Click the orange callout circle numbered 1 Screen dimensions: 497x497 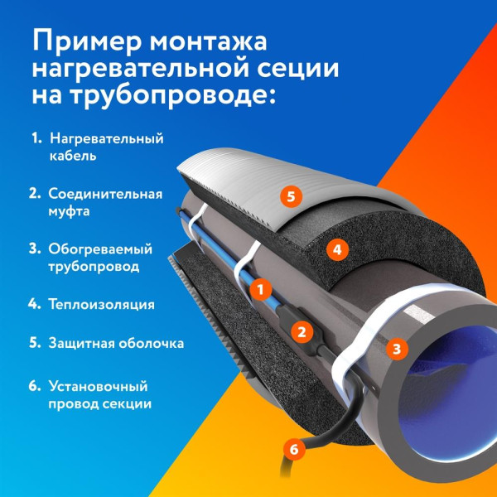[259, 289]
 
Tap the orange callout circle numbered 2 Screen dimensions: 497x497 [302, 332]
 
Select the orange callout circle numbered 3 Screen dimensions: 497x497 [397, 349]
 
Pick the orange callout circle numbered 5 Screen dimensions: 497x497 [288, 196]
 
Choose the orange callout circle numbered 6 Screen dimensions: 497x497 [291, 450]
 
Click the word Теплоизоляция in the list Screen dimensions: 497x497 [102, 304]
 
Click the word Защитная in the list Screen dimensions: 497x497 [79, 342]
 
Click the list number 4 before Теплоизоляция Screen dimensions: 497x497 [34, 304]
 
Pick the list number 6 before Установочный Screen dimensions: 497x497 [34, 386]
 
